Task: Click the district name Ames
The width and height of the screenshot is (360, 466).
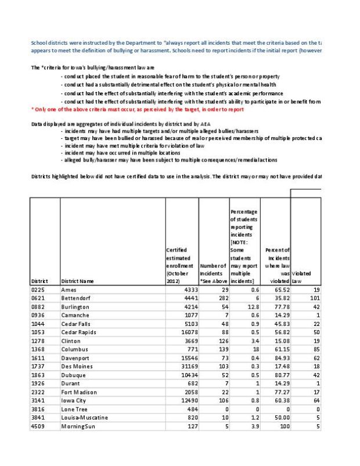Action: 69,289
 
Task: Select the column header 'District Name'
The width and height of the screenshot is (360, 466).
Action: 77,281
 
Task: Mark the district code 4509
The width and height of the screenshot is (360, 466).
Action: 39,426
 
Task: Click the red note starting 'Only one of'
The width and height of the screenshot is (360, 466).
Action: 138,109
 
